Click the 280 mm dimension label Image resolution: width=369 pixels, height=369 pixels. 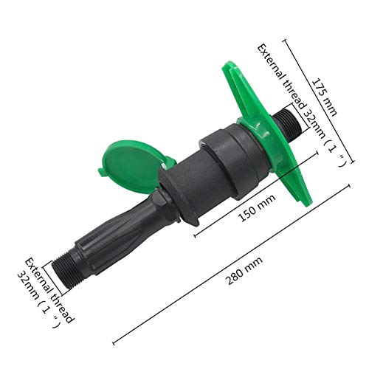coord(244,270)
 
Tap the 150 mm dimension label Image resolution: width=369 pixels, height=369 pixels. coord(257,208)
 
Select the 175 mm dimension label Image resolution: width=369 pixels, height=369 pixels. coord(325,97)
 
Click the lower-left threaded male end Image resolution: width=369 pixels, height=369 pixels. coord(67,272)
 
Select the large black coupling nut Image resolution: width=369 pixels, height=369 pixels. coord(235,161)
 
